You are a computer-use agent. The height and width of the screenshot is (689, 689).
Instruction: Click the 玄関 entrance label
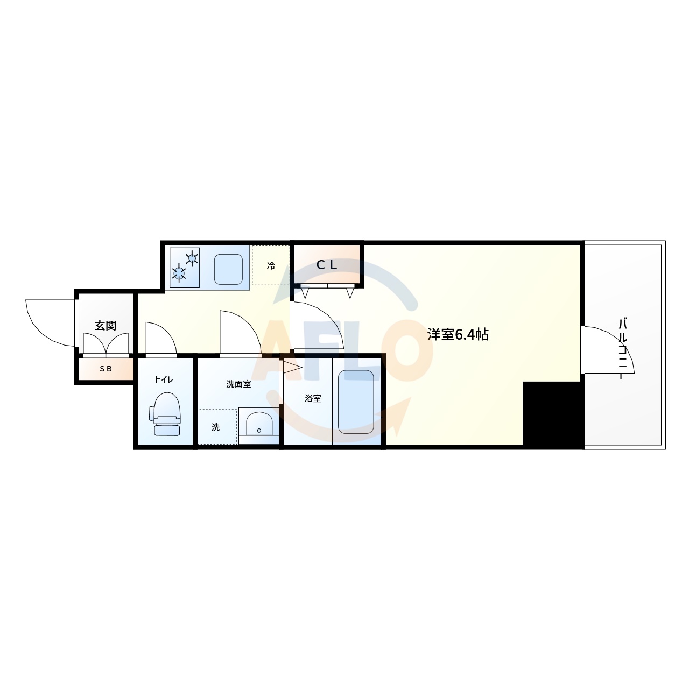(x=106, y=326)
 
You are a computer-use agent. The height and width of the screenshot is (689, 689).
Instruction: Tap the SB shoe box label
(x=106, y=369)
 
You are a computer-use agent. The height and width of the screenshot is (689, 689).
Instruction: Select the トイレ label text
(x=164, y=379)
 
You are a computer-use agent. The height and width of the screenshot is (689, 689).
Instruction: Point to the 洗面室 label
(x=238, y=384)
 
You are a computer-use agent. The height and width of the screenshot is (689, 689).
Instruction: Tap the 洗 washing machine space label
(x=215, y=427)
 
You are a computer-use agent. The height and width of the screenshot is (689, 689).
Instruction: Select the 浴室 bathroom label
(x=313, y=399)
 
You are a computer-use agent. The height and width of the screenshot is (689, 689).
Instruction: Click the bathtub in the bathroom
(x=356, y=401)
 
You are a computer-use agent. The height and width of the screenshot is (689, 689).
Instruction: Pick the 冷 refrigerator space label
(x=271, y=265)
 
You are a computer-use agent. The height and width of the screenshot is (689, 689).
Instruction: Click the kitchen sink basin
(x=229, y=269)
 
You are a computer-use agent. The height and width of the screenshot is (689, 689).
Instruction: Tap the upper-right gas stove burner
(x=192, y=258)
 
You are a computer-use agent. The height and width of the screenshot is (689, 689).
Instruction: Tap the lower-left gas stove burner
(x=179, y=273)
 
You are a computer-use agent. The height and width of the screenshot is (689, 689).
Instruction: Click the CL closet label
(x=326, y=265)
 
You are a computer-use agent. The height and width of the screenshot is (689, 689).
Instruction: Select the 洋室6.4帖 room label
(x=458, y=334)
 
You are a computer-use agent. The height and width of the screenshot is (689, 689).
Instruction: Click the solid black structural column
(x=553, y=414)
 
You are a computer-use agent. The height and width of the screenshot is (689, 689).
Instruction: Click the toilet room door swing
(x=160, y=339)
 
